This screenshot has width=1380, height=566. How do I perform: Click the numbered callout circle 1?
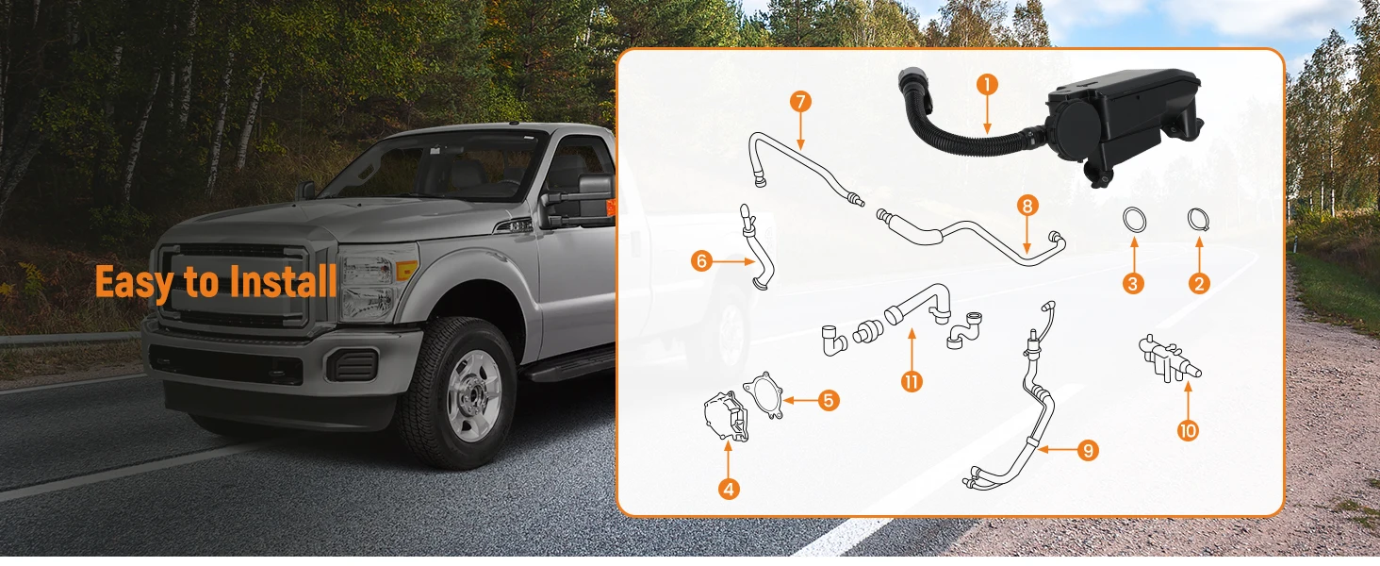click(x=987, y=85)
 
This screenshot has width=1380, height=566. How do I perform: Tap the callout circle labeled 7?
click(x=800, y=102)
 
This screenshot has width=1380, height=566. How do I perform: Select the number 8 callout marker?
click(x=1027, y=206)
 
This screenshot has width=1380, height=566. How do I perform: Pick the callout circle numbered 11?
click(x=912, y=382)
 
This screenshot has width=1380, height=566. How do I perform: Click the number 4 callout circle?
click(x=729, y=490)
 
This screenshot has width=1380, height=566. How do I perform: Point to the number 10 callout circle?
click(x=1188, y=430)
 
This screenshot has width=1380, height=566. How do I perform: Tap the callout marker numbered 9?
click(x=1088, y=450)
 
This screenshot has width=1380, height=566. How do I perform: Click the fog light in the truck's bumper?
click(x=353, y=365)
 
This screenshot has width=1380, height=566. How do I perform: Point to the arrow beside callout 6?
click(x=733, y=261)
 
